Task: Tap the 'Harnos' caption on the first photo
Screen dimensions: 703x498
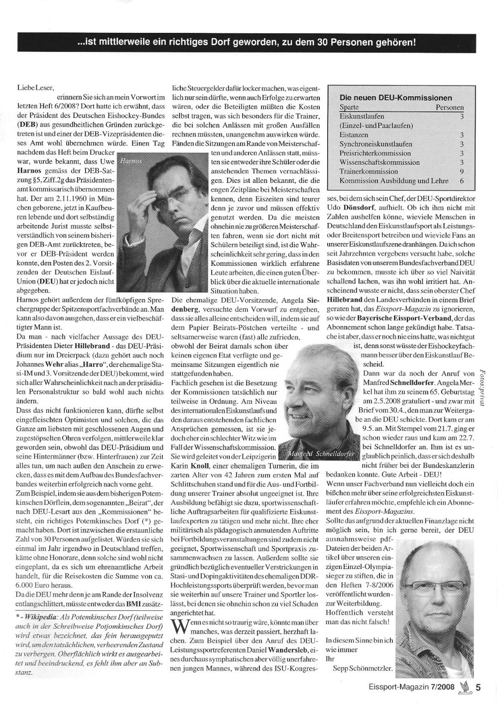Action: click(x=131, y=161)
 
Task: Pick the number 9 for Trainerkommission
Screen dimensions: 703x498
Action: click(x=462, y=171)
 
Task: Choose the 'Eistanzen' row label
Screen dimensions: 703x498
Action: click(x=354, y=135)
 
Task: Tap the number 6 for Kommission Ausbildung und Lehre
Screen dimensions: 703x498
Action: click(x=462, y=180)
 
